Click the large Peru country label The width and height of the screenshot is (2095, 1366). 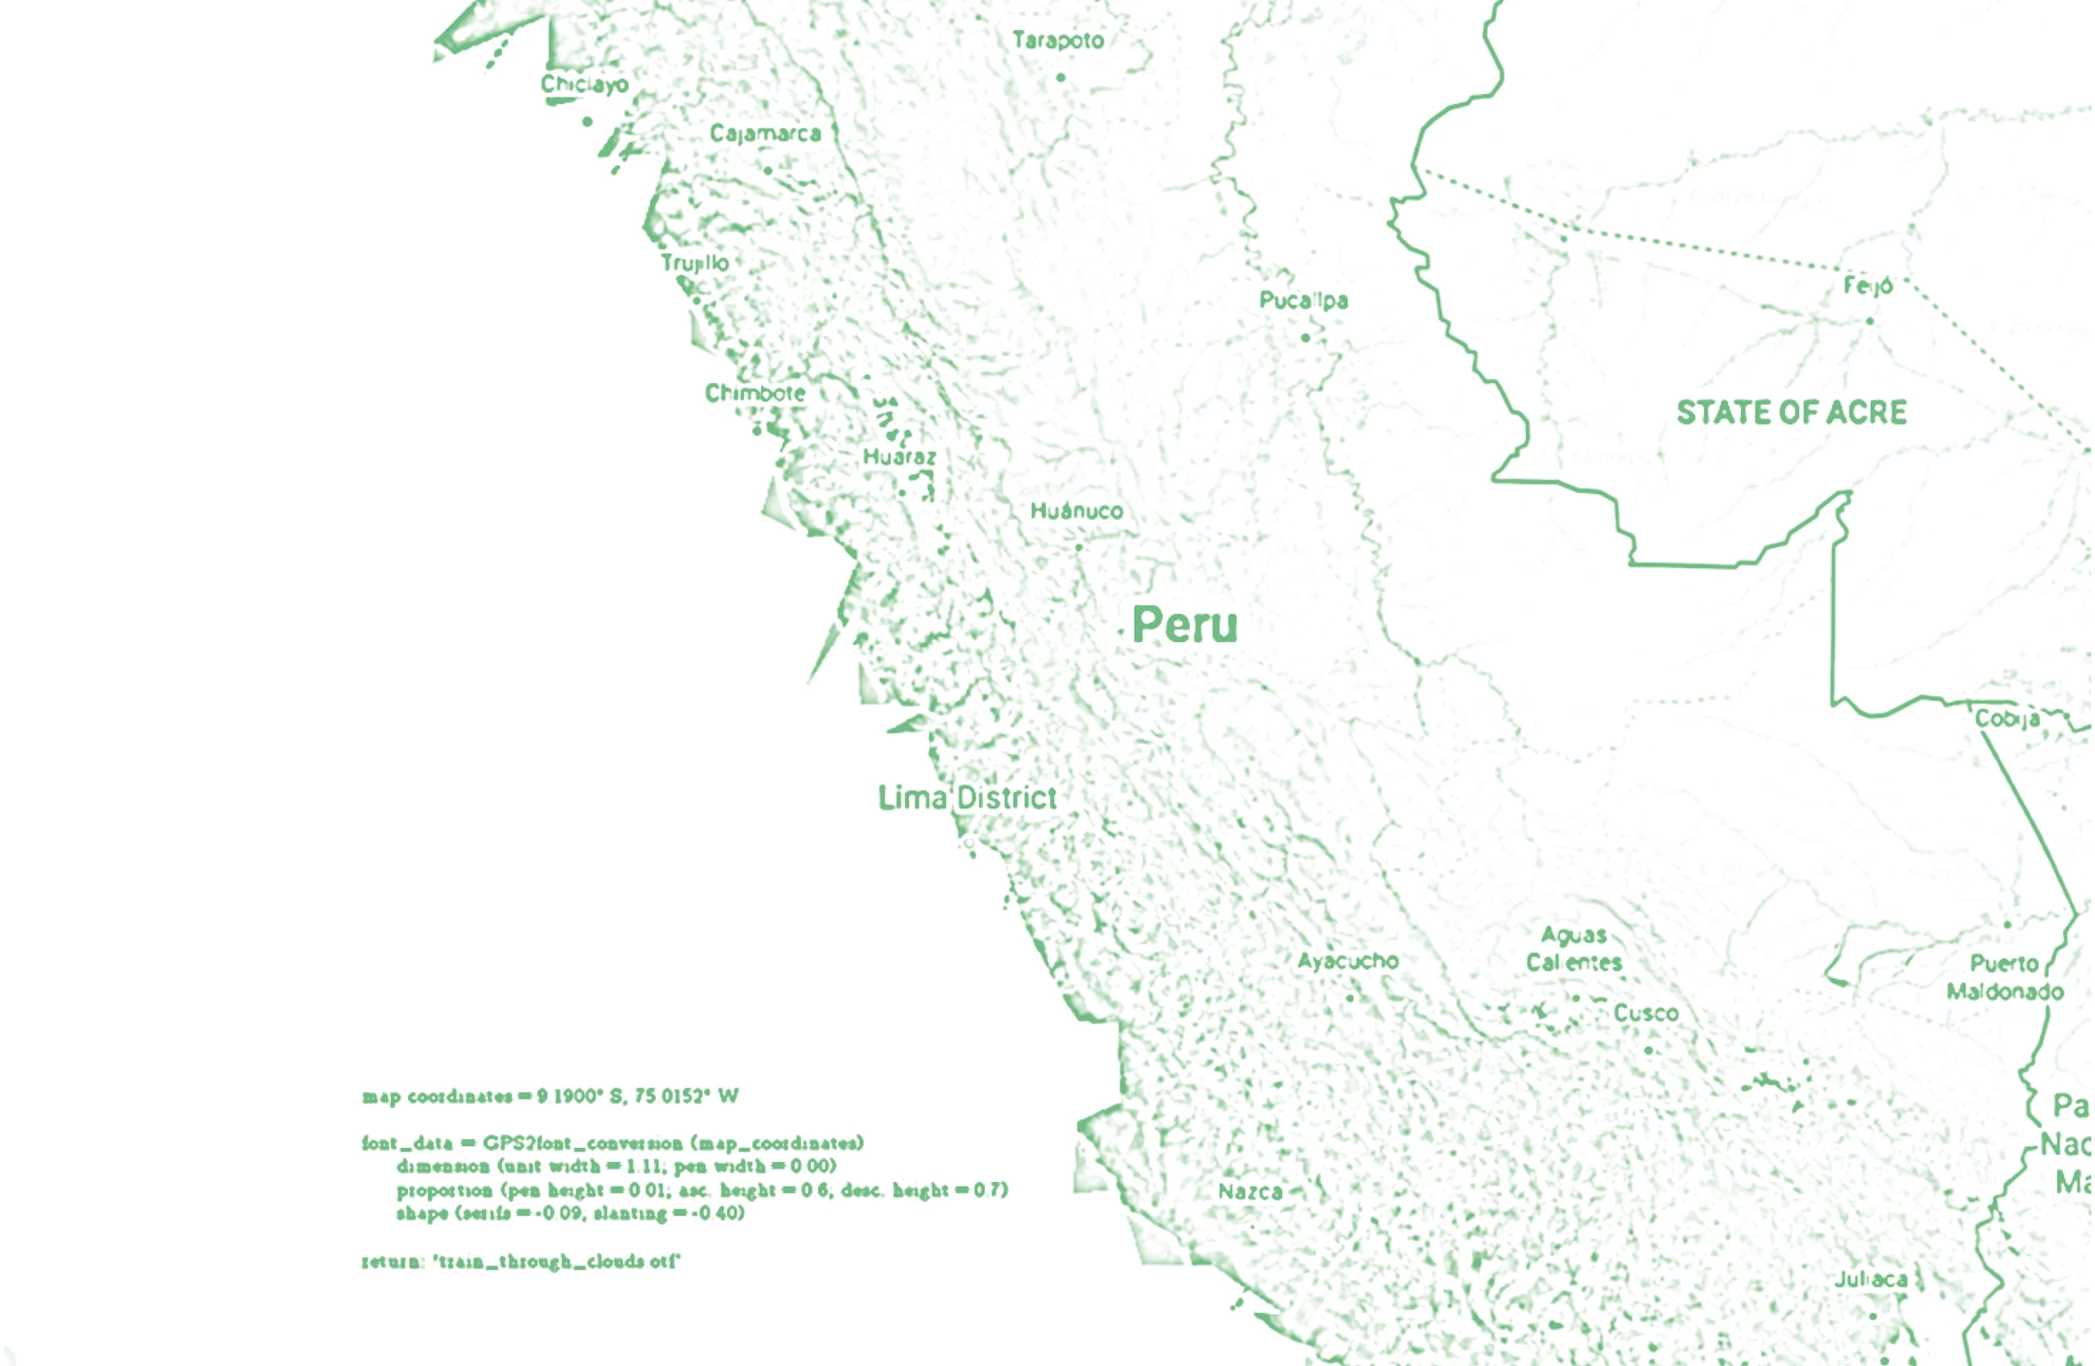coord(1185,625)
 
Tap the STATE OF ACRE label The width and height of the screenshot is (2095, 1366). coord(1791,413)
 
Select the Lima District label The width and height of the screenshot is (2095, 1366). coord(967,798)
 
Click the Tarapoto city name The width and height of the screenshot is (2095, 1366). coord(1058,41)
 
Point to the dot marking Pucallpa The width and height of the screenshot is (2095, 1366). coord(1306,338)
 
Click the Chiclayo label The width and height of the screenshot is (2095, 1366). coord(584,84)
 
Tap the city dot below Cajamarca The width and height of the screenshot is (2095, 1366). coord(768,171)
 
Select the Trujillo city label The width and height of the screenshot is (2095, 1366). coord(695,263)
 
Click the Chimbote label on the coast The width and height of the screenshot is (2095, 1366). coord(755,393)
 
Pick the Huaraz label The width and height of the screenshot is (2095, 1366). coord(899,457)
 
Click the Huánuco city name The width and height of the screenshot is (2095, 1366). coord(1077,511)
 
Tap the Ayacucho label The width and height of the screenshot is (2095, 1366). coord(1348,961)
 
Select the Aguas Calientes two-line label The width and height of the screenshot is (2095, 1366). coord(1574,949)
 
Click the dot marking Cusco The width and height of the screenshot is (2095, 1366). coord(1648,1050)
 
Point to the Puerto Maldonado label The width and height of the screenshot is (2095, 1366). coord(2005,977)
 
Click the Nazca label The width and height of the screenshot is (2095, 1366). coord(1251,1191)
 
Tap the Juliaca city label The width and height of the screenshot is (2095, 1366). coord(1871,1280)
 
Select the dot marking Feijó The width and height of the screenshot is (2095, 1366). coord(1870,322)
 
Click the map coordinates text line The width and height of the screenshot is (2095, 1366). coord(550,1097)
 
